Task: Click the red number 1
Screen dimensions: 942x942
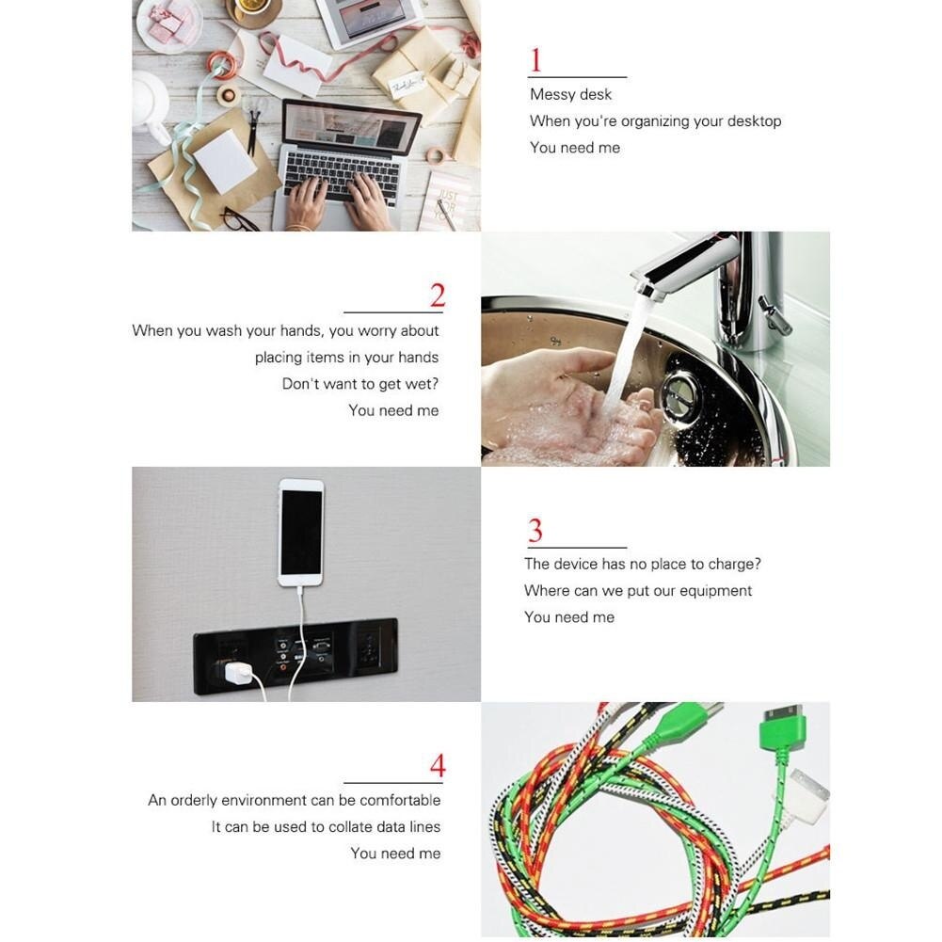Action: point(535,60)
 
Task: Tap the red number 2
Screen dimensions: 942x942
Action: point(438,295)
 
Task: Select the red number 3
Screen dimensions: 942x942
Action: point(535,531)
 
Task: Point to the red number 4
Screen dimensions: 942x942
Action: point(438,766)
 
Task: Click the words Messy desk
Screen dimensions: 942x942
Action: point(570,94)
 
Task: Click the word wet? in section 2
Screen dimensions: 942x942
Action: point(422,384)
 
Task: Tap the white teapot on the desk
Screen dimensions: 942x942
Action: point(151,103)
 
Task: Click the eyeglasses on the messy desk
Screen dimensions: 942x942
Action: point(241,220)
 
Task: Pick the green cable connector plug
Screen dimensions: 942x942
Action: point(780,729)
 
